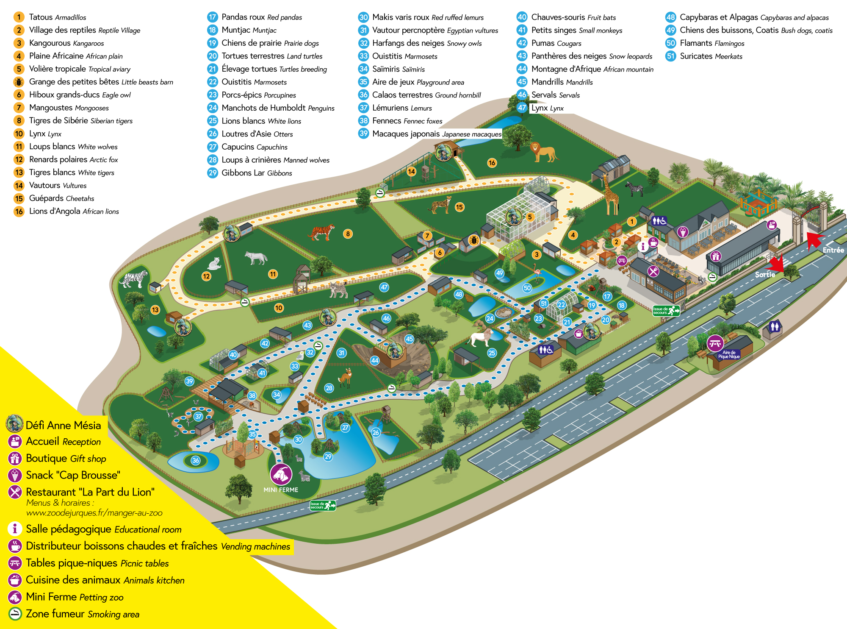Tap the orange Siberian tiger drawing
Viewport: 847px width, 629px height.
click(322, 232)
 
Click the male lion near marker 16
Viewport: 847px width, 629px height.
click(543, 152)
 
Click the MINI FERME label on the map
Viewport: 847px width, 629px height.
click(281, 490)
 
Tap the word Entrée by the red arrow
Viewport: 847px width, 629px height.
click(833, 250)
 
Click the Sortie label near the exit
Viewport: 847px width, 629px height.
click(765, 275)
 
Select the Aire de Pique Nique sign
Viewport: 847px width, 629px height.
click(728, 354)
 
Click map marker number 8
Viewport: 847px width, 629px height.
click(348, 234)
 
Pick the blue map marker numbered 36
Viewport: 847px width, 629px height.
click(195, 460)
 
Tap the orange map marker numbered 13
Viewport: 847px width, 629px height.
click(155, 310)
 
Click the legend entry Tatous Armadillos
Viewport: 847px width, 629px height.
click(57, 17)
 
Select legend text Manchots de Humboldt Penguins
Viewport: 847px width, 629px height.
click(277, 108)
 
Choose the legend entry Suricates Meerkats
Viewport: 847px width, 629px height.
click(711, 56)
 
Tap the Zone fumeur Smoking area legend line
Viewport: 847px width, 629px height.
click(82, 614)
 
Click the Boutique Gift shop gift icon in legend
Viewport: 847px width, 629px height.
click(15, 459)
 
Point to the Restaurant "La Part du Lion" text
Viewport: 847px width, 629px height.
click(90, 492)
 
